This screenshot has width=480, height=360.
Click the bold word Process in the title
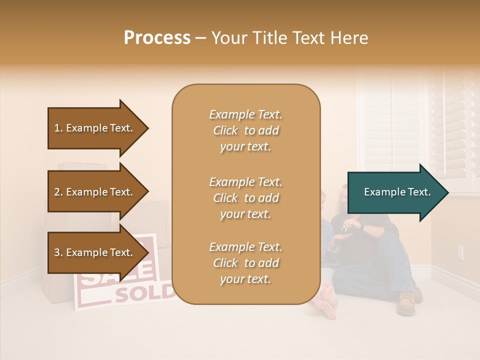[x=157, y=38]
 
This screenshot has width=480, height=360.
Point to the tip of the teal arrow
[x=447, y=192]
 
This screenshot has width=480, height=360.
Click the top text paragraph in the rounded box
[x=245, y=130]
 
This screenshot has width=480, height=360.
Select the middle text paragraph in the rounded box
[x=245, y=198]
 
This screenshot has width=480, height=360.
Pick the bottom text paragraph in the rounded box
[x=245, y=263]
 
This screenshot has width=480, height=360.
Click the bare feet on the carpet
[x=325, y=301]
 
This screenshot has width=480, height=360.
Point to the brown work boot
[x=405, y=303]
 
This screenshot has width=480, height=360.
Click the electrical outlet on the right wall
[x=460, y=252]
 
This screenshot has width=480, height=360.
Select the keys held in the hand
[x=344, y=228]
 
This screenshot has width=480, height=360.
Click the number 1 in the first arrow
[x=57, y=128]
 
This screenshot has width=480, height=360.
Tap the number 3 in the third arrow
[x=57, y=252]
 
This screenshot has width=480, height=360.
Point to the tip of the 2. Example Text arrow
[x=148, y=192]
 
